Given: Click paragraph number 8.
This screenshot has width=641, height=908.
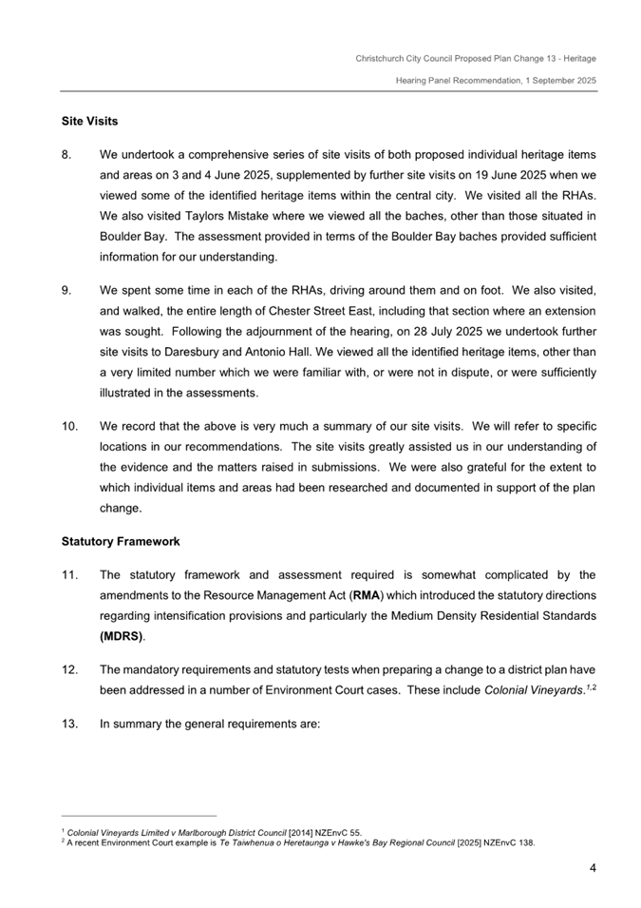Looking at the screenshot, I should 67,153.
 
